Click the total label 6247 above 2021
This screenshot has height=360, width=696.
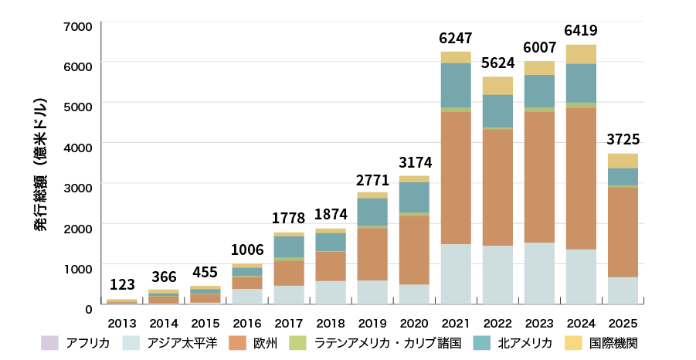pos(456,38)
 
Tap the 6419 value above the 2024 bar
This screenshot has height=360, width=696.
pos(581,31)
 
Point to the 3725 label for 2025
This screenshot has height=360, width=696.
pos(623,140)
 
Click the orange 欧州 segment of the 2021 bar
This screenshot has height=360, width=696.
pos(456,178)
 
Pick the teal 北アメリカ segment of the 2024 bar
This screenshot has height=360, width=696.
pos(581,83)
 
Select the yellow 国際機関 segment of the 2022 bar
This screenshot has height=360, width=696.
pos(497,86)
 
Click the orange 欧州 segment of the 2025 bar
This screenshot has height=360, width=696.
pos(623,232)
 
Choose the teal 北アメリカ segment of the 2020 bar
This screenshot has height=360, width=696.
pos(414,197)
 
